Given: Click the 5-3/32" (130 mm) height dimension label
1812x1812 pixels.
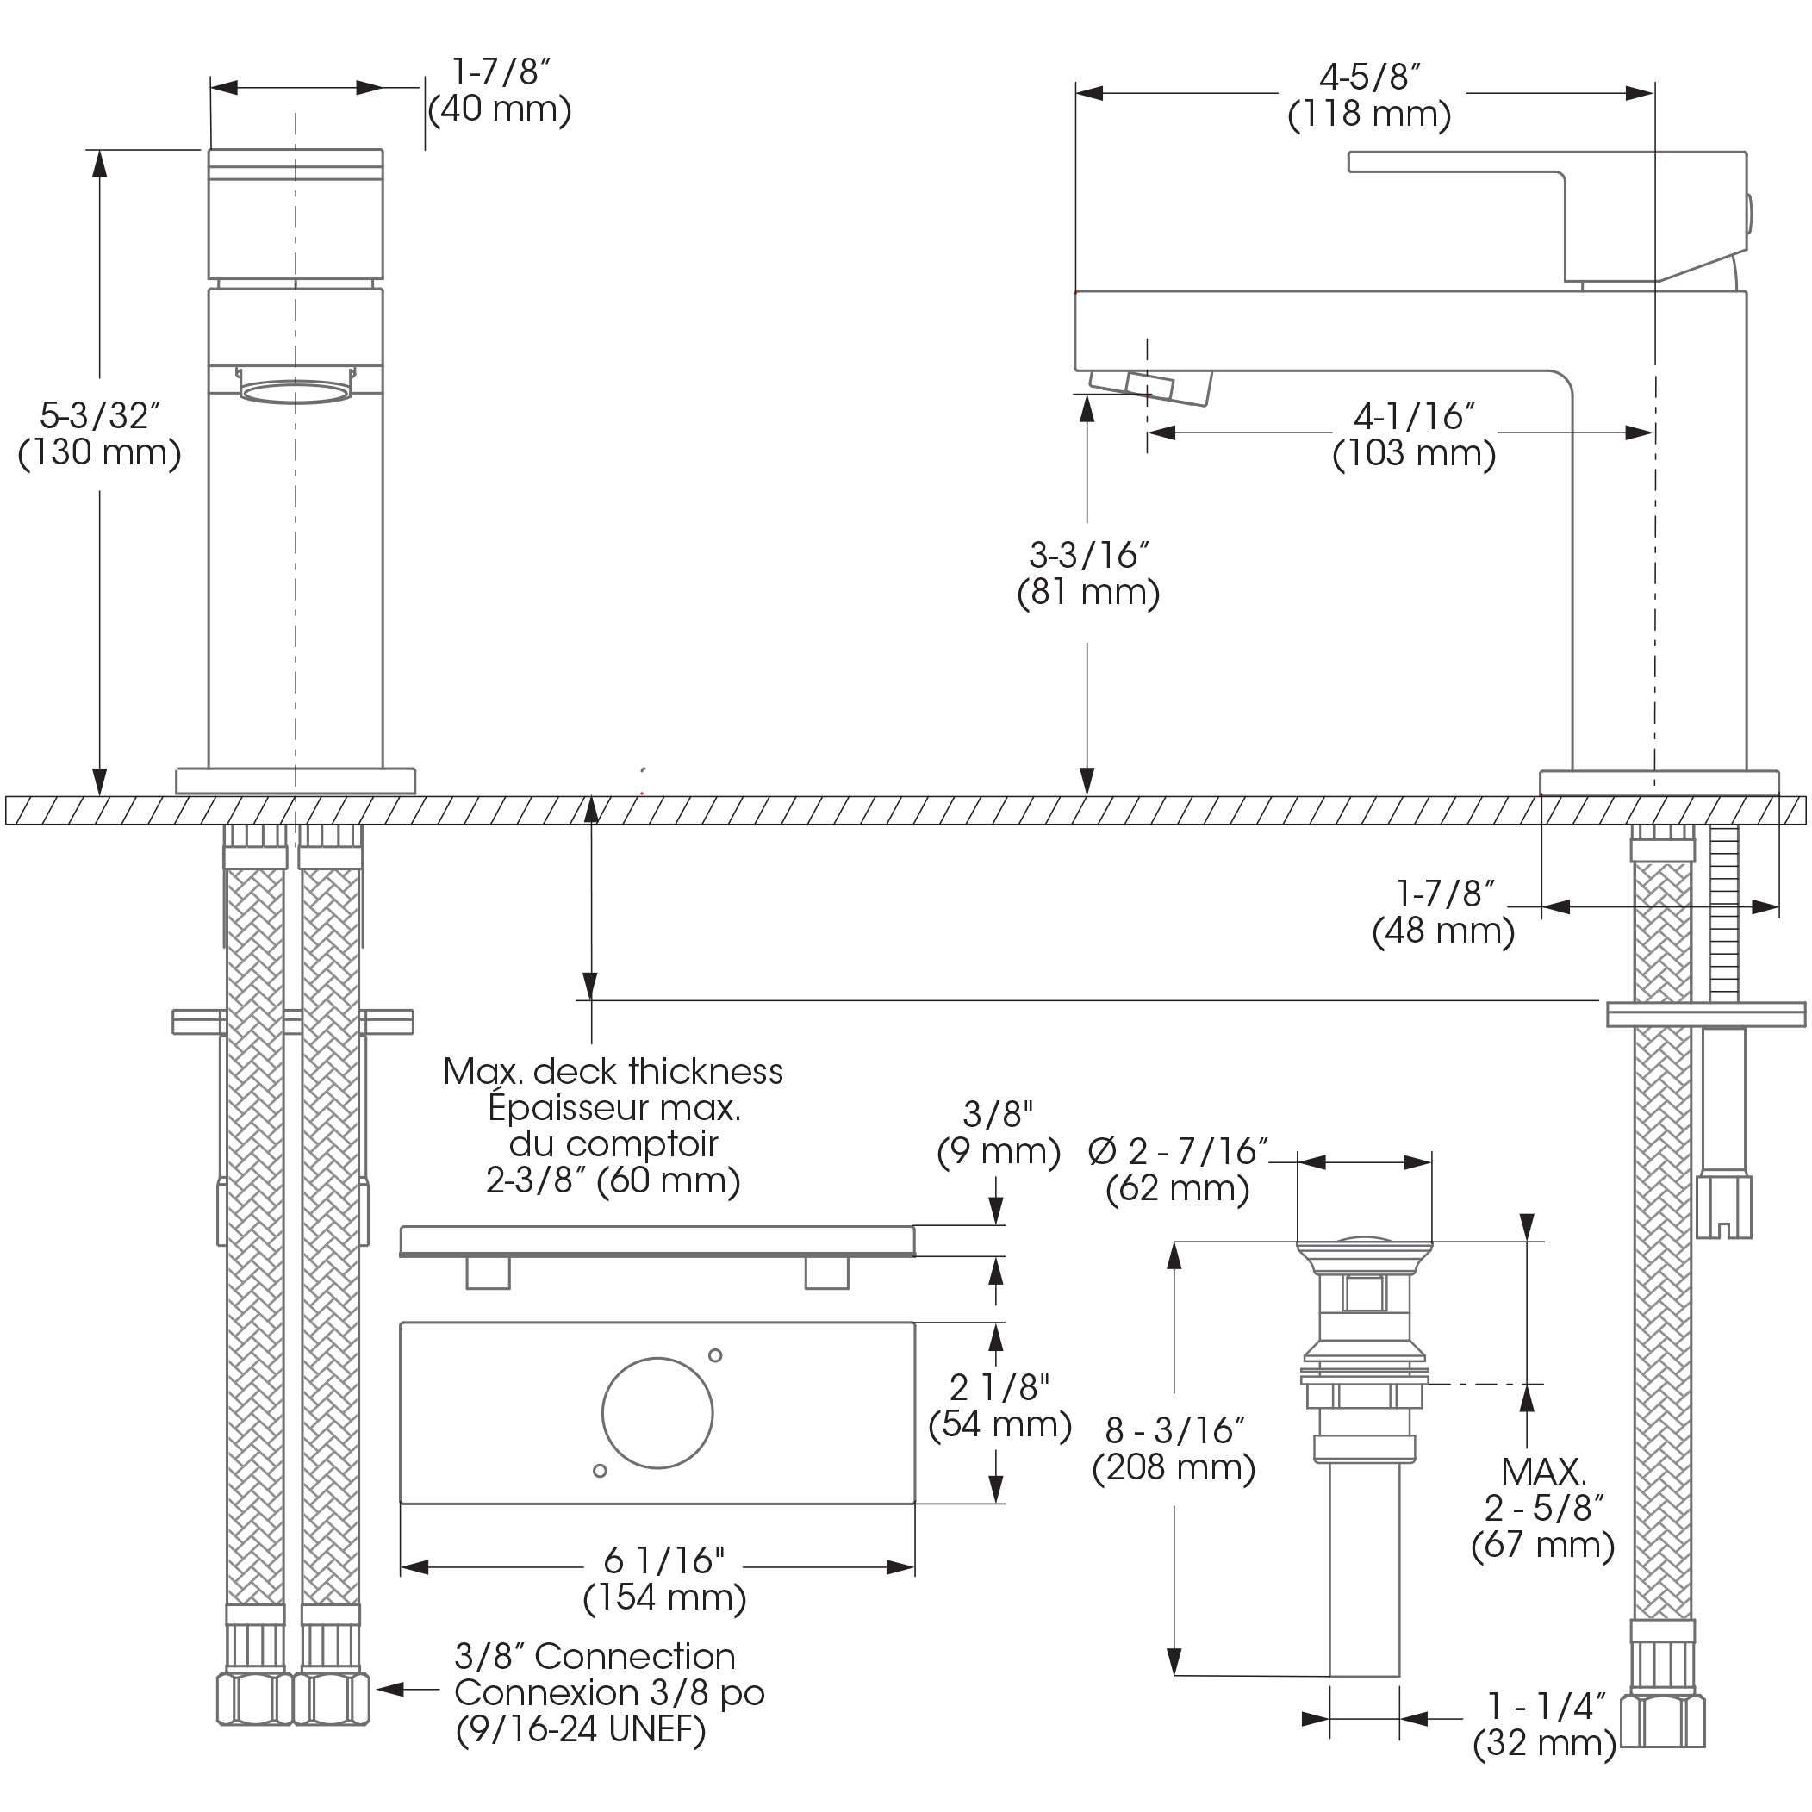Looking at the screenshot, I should (99, 434).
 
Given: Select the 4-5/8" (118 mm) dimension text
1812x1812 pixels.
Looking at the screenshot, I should (1369, 96).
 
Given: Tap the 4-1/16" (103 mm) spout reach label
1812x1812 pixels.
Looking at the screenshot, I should (1414, 435).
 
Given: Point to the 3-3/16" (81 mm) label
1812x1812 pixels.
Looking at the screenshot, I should (1089, 574).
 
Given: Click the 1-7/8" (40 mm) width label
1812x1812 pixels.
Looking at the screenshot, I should (500, 91).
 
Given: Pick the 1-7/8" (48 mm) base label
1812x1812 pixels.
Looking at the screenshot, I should (1443, 912).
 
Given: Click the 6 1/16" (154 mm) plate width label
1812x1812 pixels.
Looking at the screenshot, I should (665, 1579).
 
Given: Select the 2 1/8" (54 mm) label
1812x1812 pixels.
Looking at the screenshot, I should (999, 1406).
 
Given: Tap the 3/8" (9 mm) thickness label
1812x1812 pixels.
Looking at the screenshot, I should (999, 1133).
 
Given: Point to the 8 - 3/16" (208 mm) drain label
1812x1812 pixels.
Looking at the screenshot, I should (1174, 1449).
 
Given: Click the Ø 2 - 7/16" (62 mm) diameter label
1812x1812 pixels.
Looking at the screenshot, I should (1179, 1169).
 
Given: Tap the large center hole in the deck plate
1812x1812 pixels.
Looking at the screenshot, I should (657, 1413).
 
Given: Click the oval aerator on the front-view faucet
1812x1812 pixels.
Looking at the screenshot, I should (296, 391).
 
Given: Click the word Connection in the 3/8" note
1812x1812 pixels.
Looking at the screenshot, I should (634, 1656).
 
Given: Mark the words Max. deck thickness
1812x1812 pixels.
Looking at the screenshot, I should (613, 1071).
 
